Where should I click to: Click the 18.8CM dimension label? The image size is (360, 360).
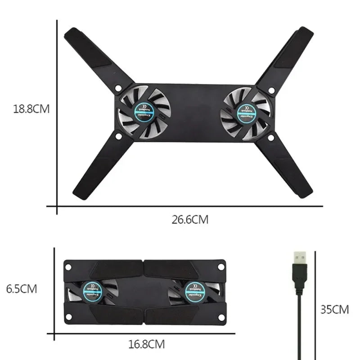[31, 109]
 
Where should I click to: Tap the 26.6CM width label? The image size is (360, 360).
[190, 220]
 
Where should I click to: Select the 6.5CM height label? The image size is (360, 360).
[22, 288]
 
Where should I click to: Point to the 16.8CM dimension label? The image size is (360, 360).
[147, 345]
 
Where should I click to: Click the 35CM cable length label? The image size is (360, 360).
[335, 309]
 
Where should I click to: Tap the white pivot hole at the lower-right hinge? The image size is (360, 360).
[271, 138]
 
